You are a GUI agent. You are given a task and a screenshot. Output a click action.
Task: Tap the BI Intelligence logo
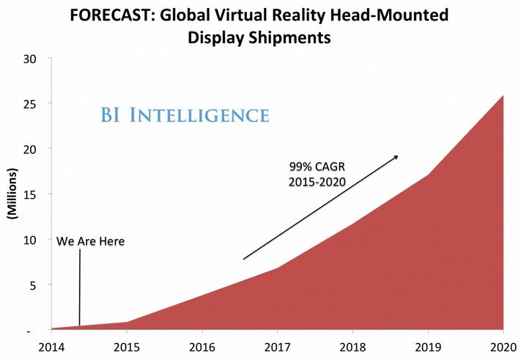click(x=184, y=115)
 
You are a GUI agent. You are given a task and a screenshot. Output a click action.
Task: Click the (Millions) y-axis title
click(x=12, y=195)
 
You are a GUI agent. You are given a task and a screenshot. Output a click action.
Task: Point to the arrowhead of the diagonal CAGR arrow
click(x=396, y=156)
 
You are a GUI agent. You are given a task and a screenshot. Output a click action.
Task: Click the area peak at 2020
click(x=503, y=97)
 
